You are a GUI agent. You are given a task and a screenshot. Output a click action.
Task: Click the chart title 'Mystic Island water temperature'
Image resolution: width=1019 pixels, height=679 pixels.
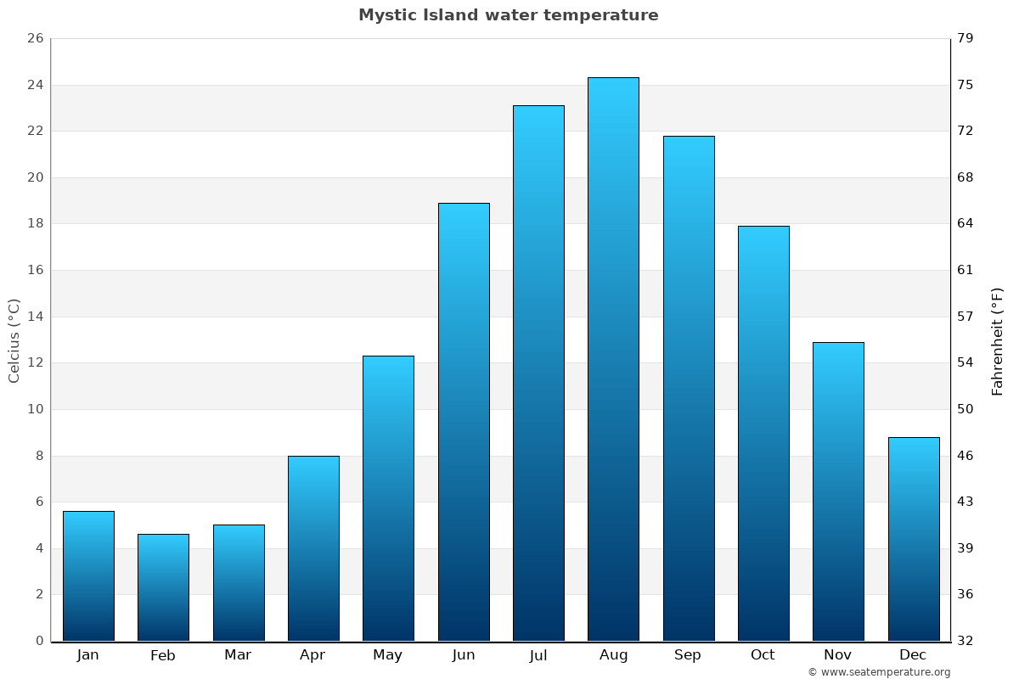(x=508, y=15)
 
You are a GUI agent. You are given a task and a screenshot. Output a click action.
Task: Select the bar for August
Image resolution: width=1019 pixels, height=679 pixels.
(x=613, y=359)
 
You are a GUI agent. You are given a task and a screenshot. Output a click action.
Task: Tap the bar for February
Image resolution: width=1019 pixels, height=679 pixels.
(x=163, y=587)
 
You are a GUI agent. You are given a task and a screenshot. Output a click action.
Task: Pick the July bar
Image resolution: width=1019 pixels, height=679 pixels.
(x=538, y=373)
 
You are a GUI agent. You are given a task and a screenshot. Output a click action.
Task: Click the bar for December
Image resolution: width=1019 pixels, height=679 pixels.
(x=914, y=539)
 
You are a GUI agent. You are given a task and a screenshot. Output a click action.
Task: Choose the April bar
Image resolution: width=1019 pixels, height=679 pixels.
(x=313, y=548)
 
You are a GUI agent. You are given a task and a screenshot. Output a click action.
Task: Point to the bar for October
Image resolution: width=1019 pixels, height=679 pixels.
(x=763, y=433)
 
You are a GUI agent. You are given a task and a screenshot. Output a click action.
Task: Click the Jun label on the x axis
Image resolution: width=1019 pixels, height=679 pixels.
(x=464, y=655)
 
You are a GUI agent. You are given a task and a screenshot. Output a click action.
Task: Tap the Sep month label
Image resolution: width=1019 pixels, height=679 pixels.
(x=688, y=655)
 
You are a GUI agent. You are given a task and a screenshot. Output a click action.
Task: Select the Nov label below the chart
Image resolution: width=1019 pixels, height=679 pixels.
(x=838, y=655)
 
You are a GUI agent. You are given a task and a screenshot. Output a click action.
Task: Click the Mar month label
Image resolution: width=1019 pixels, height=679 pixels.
(x=238, y=655)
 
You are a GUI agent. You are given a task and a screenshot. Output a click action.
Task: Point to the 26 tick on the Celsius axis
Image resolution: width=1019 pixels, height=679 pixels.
(x=35, y=39)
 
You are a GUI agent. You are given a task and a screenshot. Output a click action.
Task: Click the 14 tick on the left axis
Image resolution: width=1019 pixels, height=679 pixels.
(x=35, y=317)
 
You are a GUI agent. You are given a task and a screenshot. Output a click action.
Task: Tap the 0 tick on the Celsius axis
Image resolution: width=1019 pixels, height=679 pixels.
(x=39, y=641)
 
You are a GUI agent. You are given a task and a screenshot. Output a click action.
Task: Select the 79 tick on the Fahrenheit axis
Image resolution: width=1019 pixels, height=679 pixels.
(x=966, y=39)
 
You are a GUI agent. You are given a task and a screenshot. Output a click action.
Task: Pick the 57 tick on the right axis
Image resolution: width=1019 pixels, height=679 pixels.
(x=966, y=317)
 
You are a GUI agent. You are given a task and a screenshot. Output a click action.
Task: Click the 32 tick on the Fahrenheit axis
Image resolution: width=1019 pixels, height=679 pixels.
(x=966, y=641)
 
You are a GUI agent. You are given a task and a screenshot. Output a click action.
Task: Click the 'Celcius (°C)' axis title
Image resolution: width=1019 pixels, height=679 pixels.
(x=14, y=340)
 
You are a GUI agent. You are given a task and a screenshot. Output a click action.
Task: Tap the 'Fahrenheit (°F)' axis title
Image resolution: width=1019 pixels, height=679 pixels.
(x=998, y=341)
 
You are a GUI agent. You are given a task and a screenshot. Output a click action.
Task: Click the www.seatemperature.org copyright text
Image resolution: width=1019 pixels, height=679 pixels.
(x=879, y=672)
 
